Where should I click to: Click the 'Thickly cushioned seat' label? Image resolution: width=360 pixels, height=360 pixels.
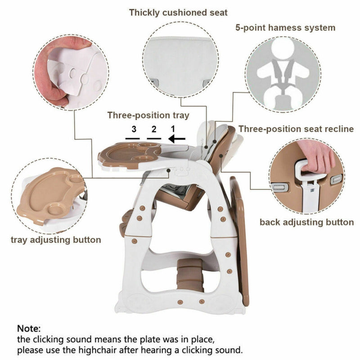[x=178, y=13]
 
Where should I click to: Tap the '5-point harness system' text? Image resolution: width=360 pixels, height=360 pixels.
[x=285, y=27]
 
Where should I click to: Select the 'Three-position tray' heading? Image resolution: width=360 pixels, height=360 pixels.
[x=148, y=115]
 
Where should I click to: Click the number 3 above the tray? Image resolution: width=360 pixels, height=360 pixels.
[x=134, y=129]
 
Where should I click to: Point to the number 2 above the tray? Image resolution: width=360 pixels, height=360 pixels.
[x=153, y=129]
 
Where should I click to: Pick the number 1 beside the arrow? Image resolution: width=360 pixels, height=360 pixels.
[x=172, y=129]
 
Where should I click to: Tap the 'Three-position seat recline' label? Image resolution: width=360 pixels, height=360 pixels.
[x=296, y=129]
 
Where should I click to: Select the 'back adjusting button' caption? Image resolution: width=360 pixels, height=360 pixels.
[x=306, y=222]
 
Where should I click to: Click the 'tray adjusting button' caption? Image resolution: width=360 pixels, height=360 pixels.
[x=56, y=239]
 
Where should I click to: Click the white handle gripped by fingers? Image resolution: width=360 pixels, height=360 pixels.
[x=310, y=171]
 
